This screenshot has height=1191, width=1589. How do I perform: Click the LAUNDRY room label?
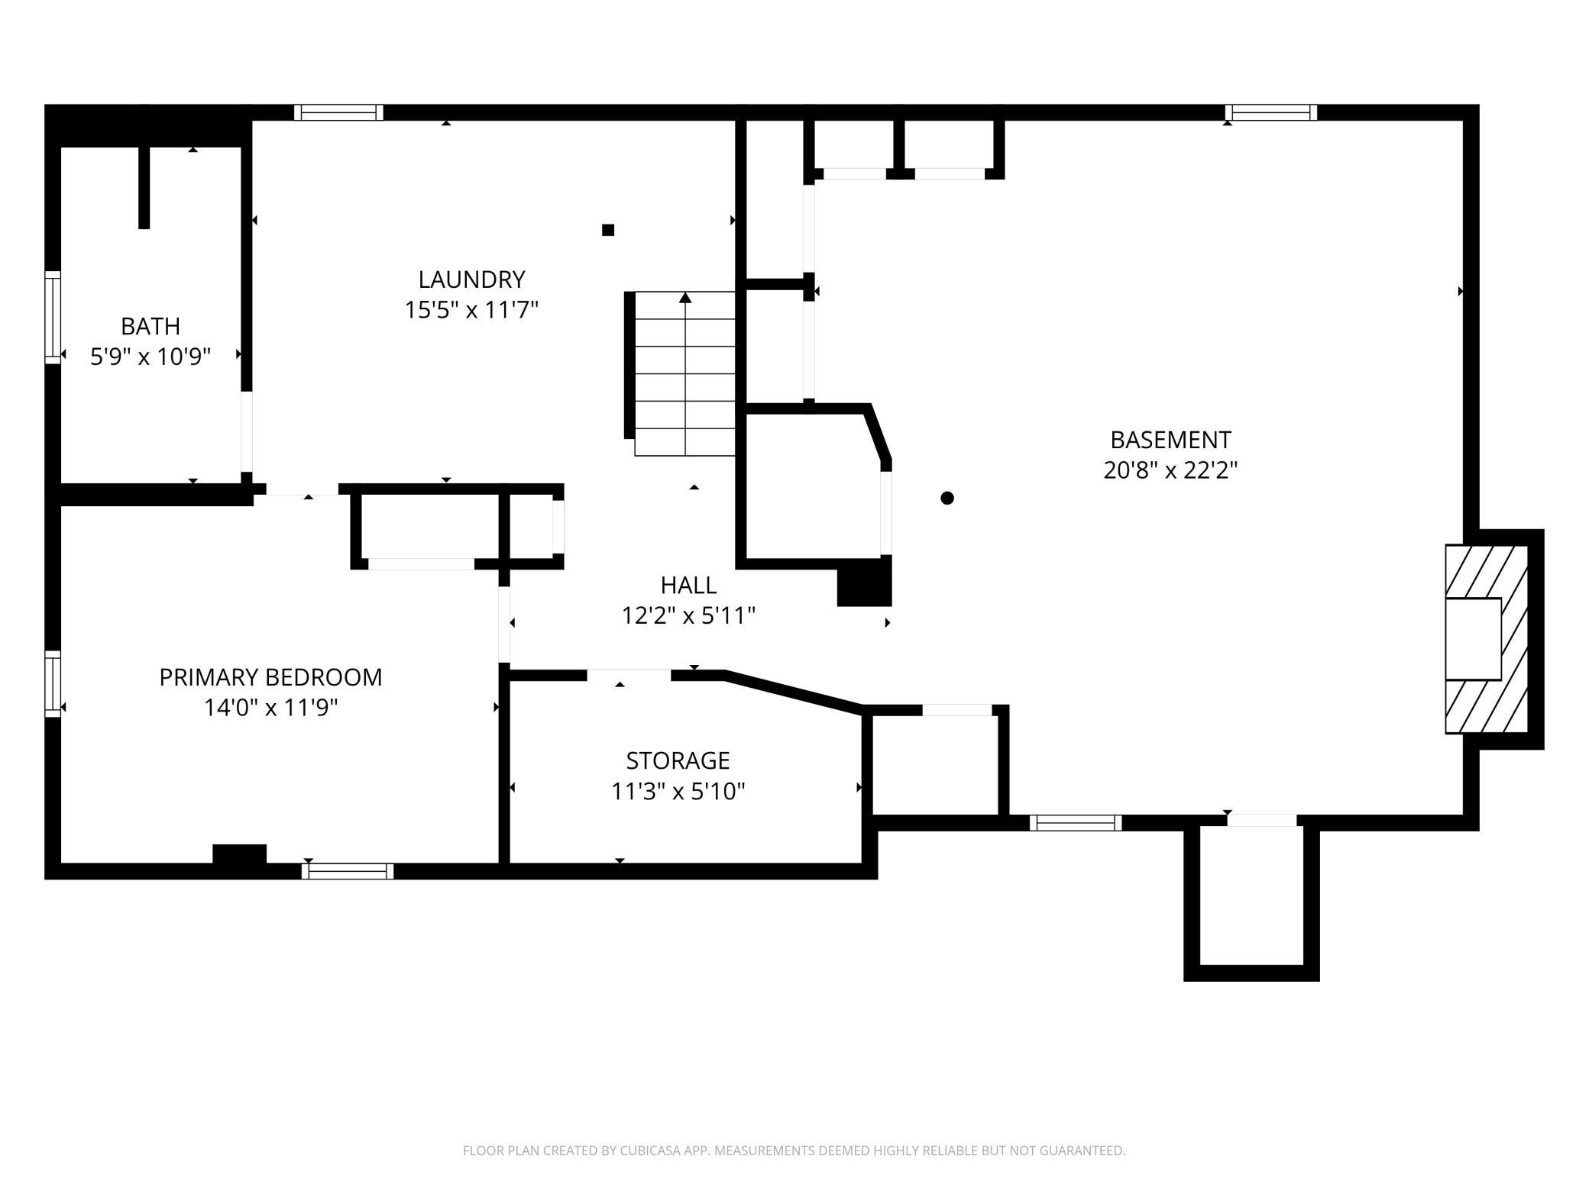pyautogui.click(x=471, y=279)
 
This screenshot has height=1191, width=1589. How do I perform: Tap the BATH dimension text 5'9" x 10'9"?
pyautogui.click(x=150, y=357)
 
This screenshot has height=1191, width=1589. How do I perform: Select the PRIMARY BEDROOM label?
pyautogui.click(x=270, y=677)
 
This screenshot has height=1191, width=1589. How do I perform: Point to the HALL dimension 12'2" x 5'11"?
pyautogui.click(x=688, y=615)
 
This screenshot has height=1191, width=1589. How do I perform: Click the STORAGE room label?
pyautogui.click(x=678, y=760)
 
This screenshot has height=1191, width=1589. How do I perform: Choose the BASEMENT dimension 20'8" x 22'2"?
pyautogui.click(x=1170, y=470)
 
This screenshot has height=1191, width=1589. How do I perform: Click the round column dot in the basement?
pyautogui.click(x=947, y=498)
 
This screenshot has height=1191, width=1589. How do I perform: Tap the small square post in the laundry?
pyautogui.click(x=608, y=230)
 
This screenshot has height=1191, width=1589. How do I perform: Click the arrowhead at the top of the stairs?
pyautogui.click(x=685, y=297)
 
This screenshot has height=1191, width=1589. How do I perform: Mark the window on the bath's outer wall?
pyautogui.click(x=53, y=317)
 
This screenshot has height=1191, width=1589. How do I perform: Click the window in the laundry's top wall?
pyautogui.click(x=338, y=112)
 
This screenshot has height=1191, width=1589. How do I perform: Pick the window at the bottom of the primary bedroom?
pyautogui.click(x=348, y=871)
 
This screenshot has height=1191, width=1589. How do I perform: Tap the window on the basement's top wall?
pyautogui.click(x=1271, y=112)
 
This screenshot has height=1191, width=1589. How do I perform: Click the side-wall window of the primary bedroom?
pyautogui.click(x=53, y=683)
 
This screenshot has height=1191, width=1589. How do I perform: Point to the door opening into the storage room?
pyautogui.click(x=629, y=674)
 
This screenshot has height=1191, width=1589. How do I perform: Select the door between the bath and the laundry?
pyautogui.click(x=246, y=431)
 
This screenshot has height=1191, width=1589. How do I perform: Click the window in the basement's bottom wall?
pyautogui.click(x=1076, y=822)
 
